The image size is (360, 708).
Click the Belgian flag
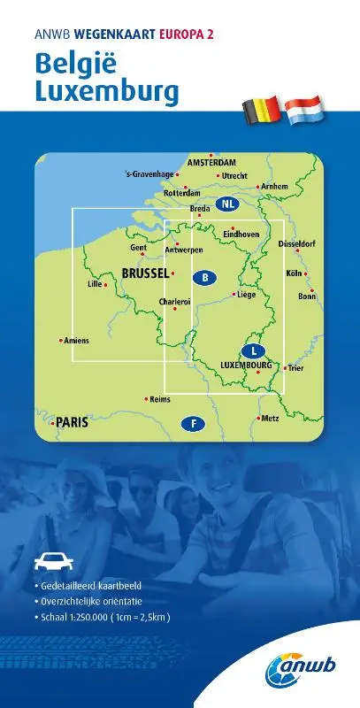[262, 110]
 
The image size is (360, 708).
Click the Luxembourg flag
[304, 110]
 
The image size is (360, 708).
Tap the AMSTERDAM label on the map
[211, 163]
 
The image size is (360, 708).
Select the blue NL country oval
[229, 204]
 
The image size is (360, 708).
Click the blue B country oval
[204, 278]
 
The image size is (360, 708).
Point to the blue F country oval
[192, 424]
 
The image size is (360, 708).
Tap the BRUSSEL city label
[145, 273]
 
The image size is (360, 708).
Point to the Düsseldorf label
[297, 243]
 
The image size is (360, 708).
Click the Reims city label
[160, 400]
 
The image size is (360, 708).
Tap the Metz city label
[271, 418]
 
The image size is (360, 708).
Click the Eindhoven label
[241, 235]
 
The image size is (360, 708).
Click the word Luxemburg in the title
[107, 91]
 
